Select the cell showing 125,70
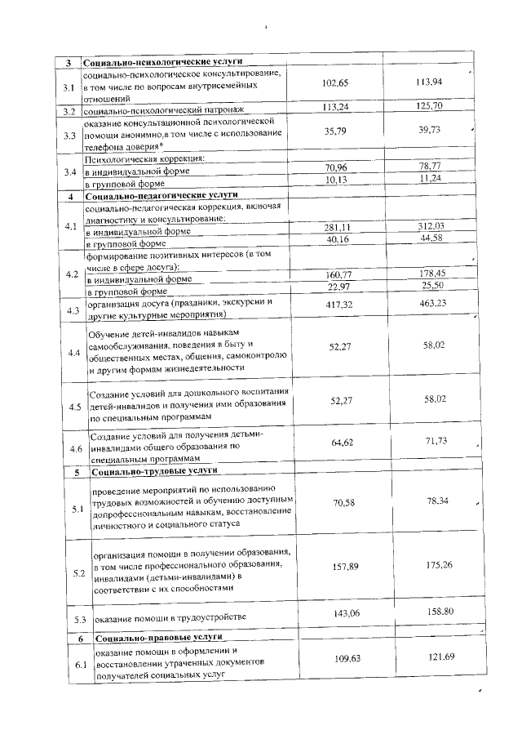click(427, 107)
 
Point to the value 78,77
click(427, 167)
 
